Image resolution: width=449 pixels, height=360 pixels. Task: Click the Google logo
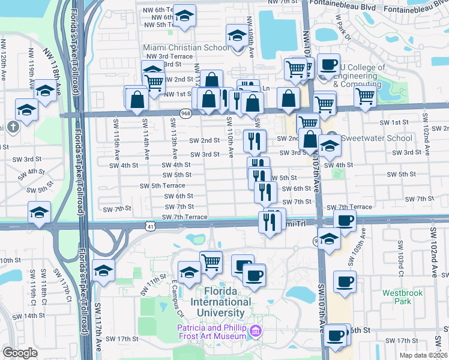20,353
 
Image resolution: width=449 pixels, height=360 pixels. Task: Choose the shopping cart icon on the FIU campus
211,262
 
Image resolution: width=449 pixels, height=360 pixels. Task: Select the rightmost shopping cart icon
365,96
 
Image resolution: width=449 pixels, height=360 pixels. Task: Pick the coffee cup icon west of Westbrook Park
345,281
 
